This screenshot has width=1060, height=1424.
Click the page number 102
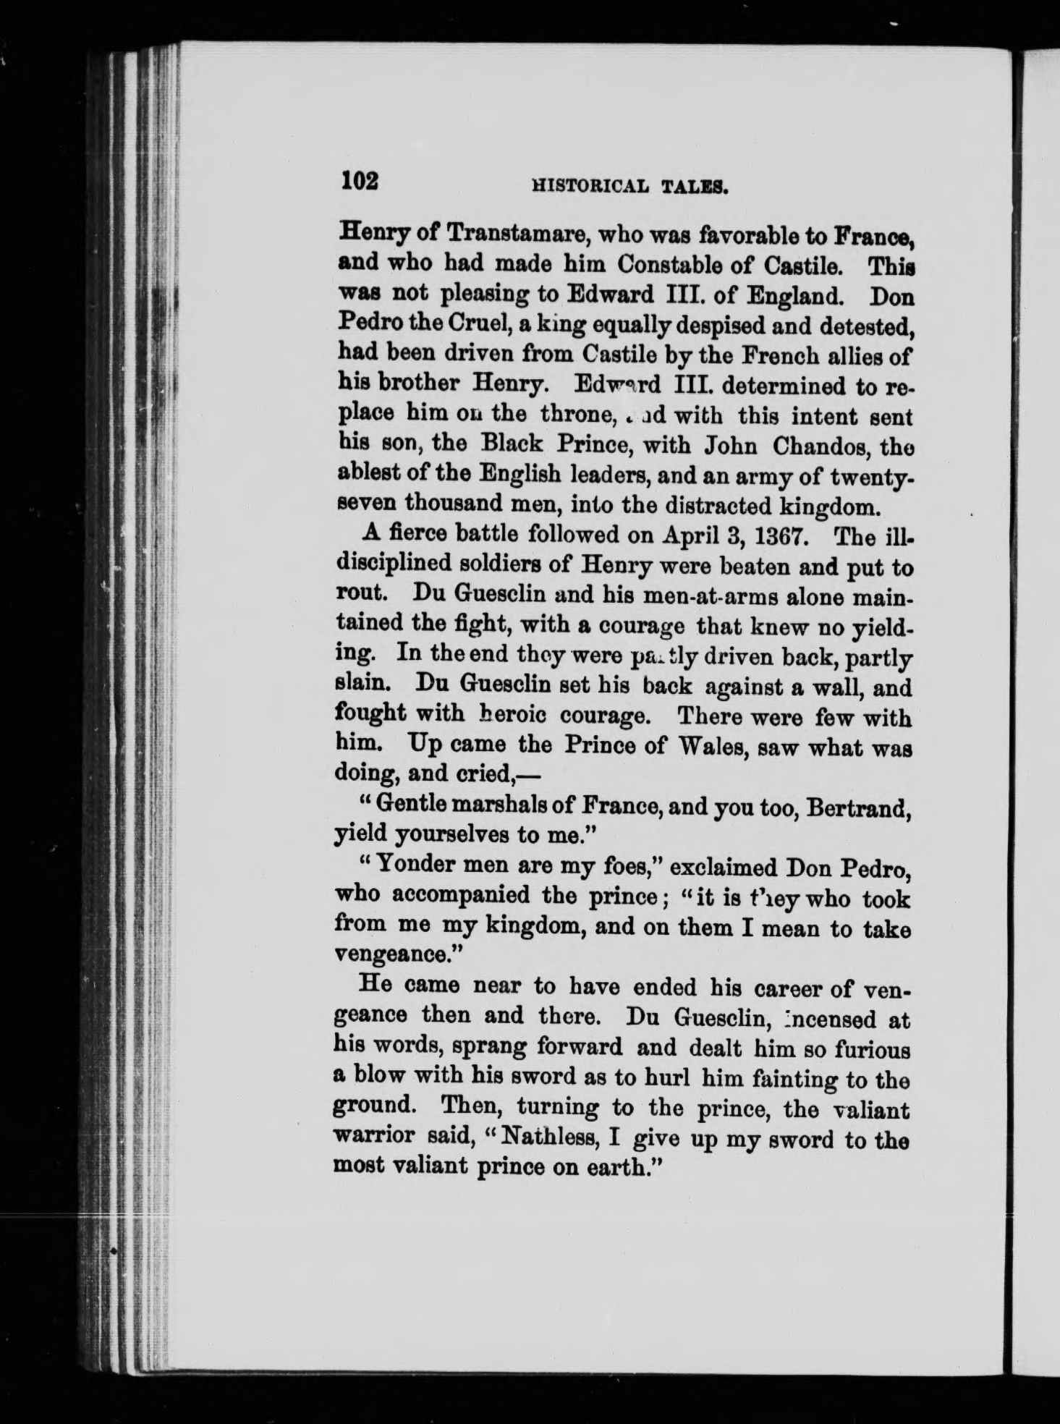(360, 180)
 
